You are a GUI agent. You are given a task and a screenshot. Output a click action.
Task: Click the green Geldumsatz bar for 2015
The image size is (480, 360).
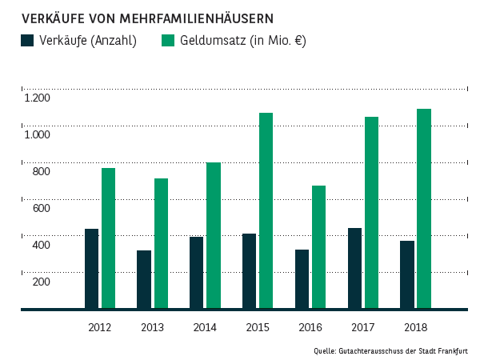(x=266, y=210)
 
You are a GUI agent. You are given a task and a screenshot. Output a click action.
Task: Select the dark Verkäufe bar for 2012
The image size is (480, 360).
(x=92, y=269)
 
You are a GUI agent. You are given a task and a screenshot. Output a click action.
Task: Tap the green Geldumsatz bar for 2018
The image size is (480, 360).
(x=424, y=209)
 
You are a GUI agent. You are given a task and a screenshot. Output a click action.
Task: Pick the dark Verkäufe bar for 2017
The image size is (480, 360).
(x=354, y=268)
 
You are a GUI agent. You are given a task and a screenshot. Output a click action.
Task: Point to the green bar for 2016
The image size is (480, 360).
(x=318, y=247)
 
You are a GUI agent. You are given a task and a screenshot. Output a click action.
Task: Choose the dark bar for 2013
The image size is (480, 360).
(x=144, y=279)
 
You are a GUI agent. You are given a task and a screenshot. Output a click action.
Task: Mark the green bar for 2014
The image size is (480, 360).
(x=214, y=235)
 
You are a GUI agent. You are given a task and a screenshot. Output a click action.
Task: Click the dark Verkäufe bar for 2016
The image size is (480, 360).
(x=302, y=279)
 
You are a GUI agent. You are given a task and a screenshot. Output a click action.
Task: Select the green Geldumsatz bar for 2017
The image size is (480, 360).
(x=371, y=213)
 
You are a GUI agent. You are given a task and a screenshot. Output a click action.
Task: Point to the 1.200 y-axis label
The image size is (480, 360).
(x=37, y=98)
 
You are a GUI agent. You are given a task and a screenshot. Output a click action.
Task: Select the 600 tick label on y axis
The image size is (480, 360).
(x=42, y=208)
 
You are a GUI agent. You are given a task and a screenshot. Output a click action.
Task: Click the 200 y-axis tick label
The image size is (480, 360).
(x=42, y=282)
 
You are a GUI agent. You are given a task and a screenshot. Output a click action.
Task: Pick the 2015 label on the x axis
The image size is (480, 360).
(x=258, y=327)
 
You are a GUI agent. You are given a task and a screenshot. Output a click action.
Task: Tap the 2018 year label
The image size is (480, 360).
(x=415, y=327)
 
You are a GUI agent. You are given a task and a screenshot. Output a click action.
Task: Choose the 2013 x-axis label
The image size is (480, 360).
(x=152, y=327)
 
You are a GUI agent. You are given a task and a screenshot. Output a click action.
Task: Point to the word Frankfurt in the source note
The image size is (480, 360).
(x=453, y=350)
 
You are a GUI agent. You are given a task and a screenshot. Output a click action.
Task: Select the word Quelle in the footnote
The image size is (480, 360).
(x=324, y=350)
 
